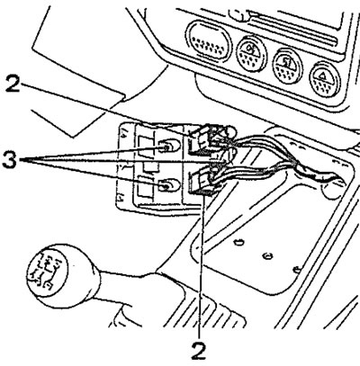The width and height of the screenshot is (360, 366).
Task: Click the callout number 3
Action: point(10,160)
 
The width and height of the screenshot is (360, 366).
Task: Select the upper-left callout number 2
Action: point(13,85)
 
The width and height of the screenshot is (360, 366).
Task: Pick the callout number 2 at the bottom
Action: point(199,351)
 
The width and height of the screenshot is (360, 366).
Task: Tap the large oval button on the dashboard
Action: point(210,41)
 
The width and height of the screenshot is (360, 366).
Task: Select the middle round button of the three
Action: point(287,66)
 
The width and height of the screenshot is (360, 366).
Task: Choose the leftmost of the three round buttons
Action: point(251,54)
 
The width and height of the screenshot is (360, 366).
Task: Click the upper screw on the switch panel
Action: point(166,147)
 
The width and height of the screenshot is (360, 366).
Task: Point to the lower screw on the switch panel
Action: point(166,186)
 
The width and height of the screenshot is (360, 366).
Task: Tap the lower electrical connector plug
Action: point(203,181)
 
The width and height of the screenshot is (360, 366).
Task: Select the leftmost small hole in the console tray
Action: point(238,241)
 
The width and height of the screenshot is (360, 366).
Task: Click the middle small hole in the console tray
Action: point(266,255)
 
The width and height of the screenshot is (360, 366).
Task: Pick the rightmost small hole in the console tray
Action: point(297,270)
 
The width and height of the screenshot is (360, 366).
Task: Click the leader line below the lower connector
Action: point(201,267)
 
